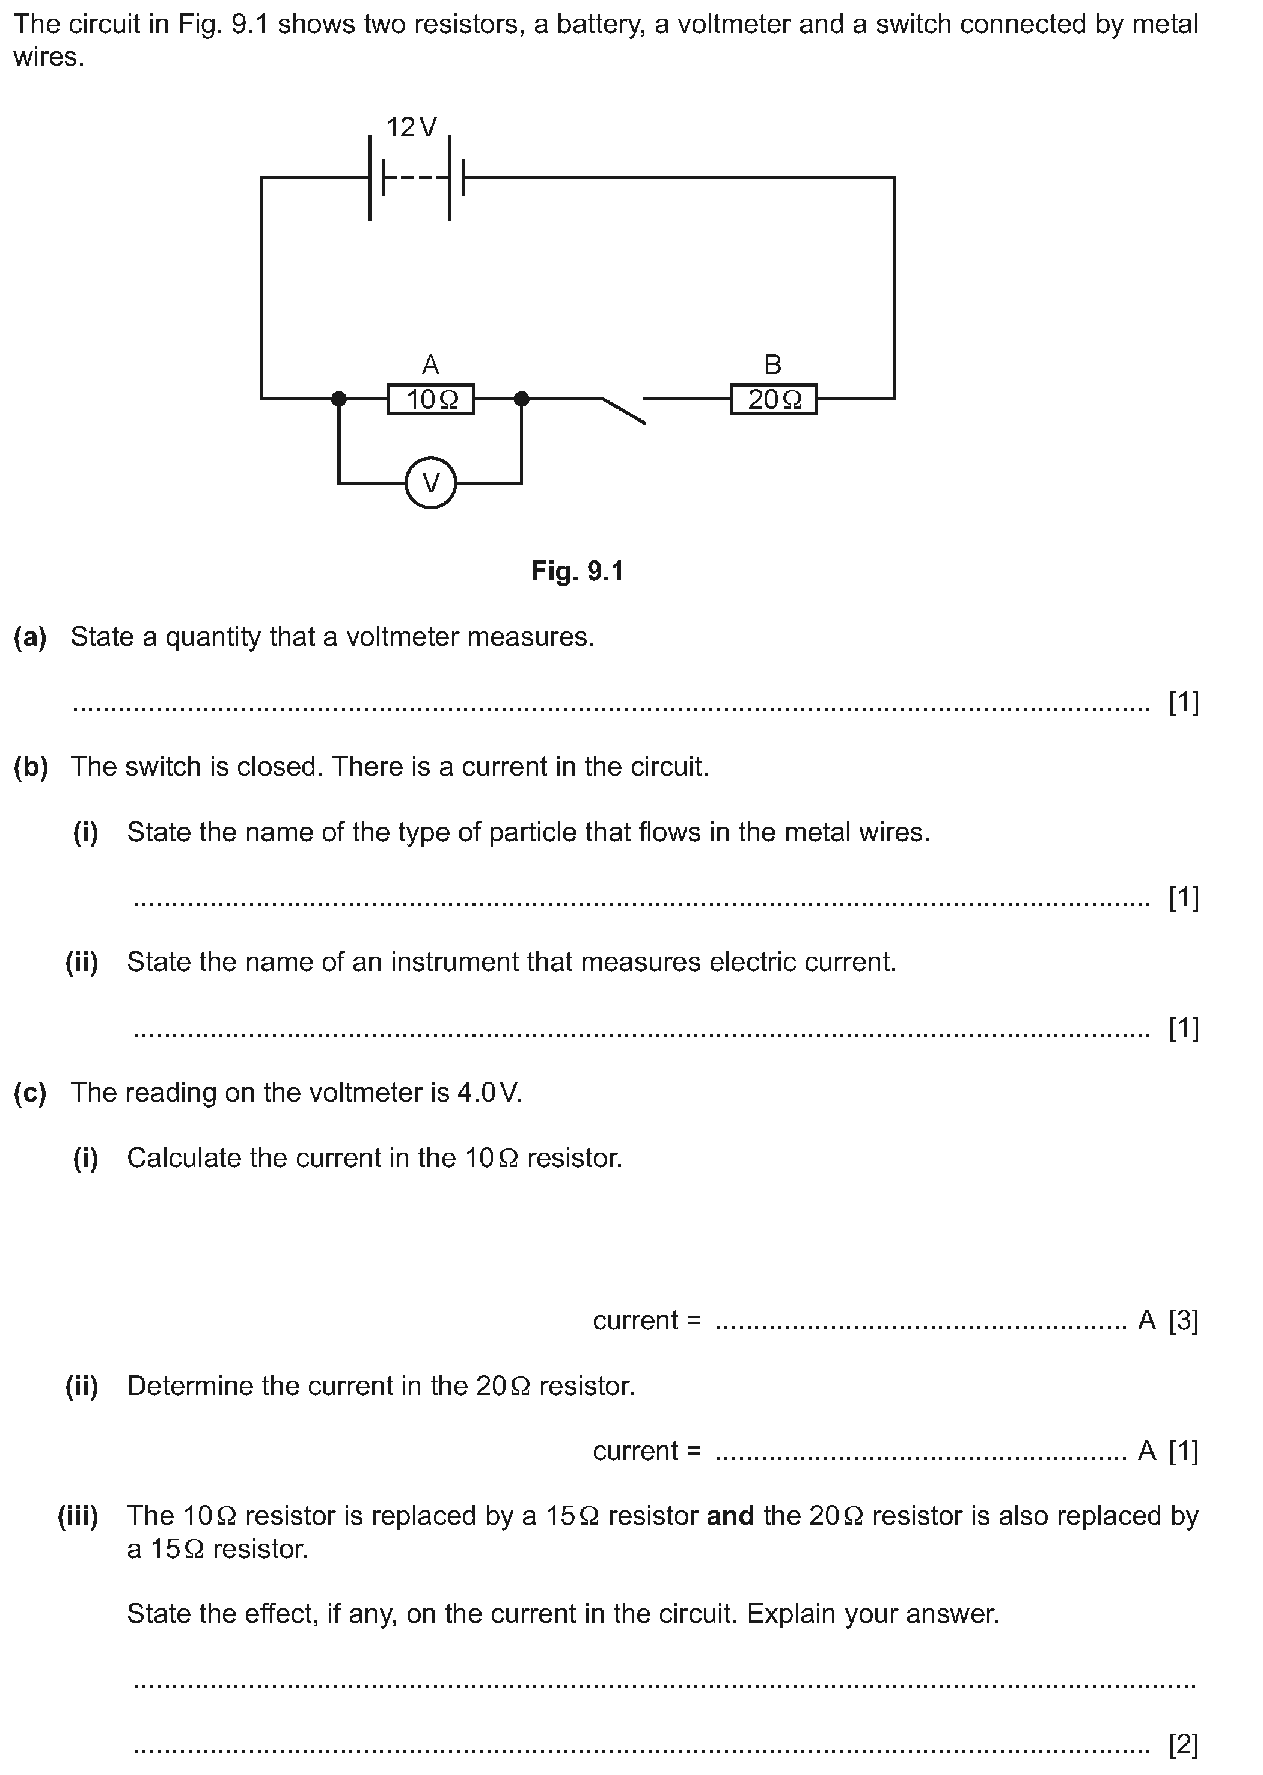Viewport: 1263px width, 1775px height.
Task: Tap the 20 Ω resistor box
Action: [x=773, y=399]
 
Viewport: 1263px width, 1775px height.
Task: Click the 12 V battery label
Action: [x=411, y=127]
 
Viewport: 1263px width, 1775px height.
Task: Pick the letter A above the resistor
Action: [x=430, y=364]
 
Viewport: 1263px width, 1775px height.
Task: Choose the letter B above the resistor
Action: [x=772, y=364]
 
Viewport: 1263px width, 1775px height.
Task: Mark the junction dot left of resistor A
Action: [x=338, y=399]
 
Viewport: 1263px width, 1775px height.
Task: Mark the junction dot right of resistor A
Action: [x=522, y=399]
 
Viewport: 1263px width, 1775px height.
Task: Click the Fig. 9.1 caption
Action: [x=577, y=572]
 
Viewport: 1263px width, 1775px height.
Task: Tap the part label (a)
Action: [x=30, y=637]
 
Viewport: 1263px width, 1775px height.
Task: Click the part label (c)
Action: [x=30, y=1093]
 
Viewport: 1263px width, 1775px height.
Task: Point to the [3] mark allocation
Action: [x=1183, y=1321]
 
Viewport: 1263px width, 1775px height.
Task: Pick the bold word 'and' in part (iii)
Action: [x=730, y=1516]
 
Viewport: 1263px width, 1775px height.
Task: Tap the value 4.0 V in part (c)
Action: [x=488, y=1093]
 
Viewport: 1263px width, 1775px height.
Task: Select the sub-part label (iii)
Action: [x=78, y=1516]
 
